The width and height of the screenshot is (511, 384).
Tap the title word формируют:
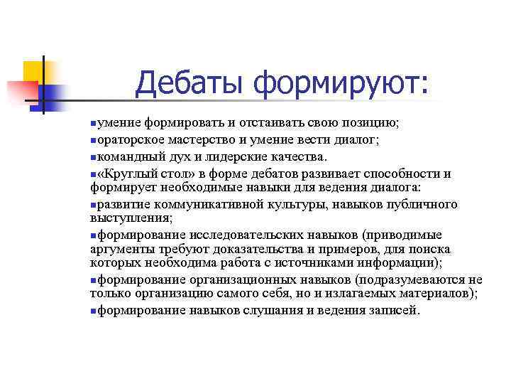point(341,83)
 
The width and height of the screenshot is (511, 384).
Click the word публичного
point(422,204)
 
